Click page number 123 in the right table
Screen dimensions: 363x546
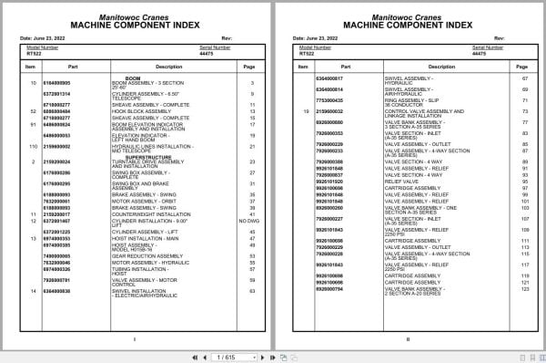pyautogui.click(x=525, y=289)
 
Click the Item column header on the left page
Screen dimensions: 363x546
pyautogui.click(x=31, y=67)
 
